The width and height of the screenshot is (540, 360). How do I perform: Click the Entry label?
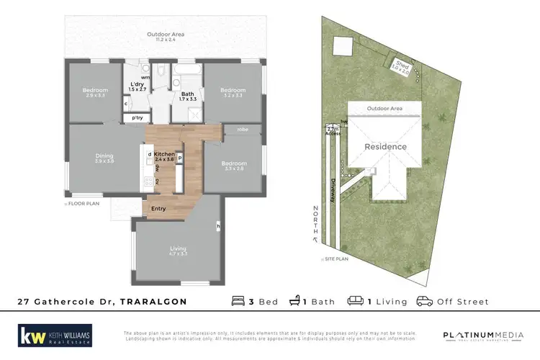pos(158,209)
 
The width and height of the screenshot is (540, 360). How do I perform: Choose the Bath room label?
pos(186,94)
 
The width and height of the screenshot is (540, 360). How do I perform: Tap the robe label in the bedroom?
pos(243,130)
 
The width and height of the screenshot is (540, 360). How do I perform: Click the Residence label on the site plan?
pos(385,146)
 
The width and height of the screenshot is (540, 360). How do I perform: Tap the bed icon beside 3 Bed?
pos(238,301)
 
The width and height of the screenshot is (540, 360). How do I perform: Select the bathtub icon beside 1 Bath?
pos(294,301)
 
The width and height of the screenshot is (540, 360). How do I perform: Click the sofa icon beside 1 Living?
pos(354,301)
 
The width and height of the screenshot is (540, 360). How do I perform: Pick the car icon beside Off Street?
pos(424,301)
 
